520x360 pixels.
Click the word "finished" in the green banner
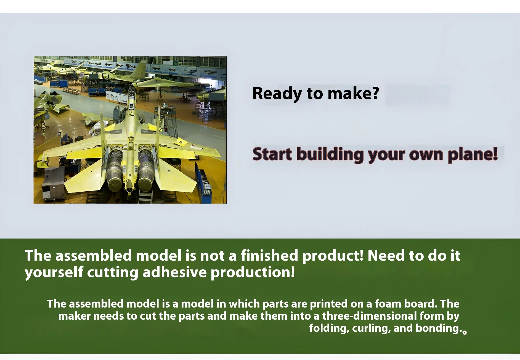click(x=269, y=255)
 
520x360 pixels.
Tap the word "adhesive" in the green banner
click(x=174, y=272)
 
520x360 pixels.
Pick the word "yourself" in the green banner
click(x=54, y=273)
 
